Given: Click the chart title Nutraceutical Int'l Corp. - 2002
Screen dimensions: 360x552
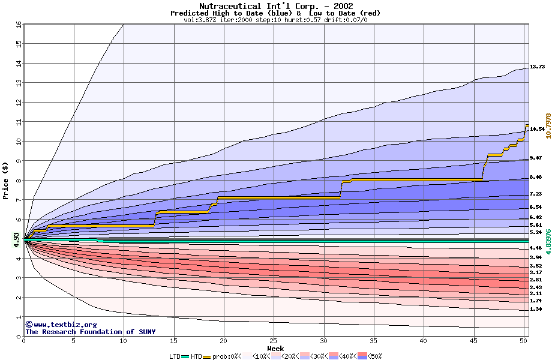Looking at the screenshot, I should pos(275,6).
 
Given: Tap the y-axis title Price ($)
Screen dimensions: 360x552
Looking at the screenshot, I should pos(5,181).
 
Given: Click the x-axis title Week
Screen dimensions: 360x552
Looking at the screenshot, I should pos(275,348).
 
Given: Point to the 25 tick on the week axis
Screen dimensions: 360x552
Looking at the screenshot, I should pos(274,341).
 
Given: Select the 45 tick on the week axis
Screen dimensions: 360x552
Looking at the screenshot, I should pos(473,341).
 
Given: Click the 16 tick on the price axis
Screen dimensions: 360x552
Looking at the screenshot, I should pos(19,25).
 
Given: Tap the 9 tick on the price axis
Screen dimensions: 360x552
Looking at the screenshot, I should pos(19,161).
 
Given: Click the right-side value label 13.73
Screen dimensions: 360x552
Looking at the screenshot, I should pos(537,67).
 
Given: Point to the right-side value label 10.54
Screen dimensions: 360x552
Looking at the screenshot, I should pos(537,129).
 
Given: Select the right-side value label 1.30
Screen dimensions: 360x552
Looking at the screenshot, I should pos(536,309).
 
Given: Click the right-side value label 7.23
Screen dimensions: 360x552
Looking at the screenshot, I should pos(536,194).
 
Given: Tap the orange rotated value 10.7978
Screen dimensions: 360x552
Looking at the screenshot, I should pos(547,126).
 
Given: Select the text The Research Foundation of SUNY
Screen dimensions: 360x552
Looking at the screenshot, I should pos(90,332).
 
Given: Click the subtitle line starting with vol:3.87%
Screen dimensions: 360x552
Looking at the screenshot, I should pos(275,20).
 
